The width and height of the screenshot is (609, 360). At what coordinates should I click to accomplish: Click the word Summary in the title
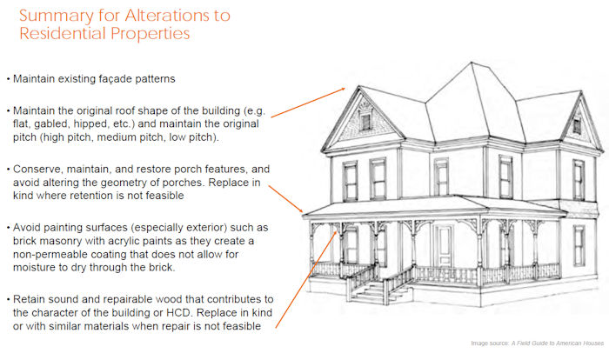click(x=57, y=17)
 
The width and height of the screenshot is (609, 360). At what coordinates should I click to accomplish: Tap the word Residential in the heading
click(x=63, y=33)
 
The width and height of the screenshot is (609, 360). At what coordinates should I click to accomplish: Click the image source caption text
click(x=537, y=343)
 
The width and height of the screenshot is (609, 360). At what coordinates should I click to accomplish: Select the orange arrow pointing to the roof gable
click(x=308, y=103)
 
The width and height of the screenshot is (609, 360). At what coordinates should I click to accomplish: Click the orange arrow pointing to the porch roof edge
click(x=285, y=199)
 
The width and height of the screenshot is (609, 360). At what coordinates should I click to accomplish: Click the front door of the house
click(x=444, y=246)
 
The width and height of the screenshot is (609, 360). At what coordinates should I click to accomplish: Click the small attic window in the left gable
click(x=365, y=122)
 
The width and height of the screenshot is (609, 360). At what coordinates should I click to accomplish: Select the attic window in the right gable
click(x=577, y=126)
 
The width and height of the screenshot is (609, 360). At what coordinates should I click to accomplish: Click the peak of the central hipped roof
click(x=472, y=63)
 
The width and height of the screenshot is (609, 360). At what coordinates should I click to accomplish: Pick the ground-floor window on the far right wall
click(x=579, y=245)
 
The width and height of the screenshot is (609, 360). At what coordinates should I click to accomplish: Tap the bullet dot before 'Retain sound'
click(x=8, y=300)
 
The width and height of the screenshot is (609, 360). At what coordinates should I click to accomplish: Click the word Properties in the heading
click(x=151, y=34)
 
